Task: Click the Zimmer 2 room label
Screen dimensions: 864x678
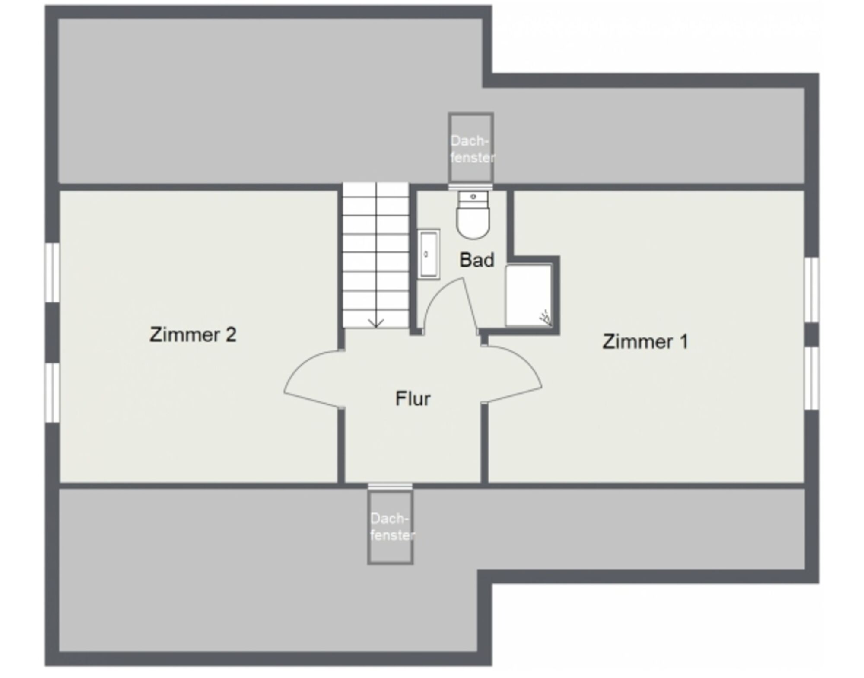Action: point(193,335)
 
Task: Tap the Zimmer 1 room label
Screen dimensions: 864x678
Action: point(645,342)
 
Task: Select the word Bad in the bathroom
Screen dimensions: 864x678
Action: point(476,260)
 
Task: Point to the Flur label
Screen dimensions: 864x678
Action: point(413,399)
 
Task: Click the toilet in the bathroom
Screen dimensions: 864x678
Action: point(473,215)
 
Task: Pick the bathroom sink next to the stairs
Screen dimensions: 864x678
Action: point(429,254)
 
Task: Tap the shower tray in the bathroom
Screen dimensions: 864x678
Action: point(529,296)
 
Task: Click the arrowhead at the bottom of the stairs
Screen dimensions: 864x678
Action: point(376,323)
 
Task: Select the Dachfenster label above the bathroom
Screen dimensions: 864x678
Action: point(471,149)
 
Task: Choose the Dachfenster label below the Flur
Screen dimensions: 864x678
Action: point(392,527)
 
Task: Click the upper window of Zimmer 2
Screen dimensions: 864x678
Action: point(52,273)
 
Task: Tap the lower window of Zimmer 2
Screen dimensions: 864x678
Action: point(52,393)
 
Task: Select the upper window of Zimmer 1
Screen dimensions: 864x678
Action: point(811,290)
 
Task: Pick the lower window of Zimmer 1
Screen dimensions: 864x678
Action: point(811,378)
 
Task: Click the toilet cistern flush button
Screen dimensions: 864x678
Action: point(473,197)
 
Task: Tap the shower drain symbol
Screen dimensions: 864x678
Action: point(545,318)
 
